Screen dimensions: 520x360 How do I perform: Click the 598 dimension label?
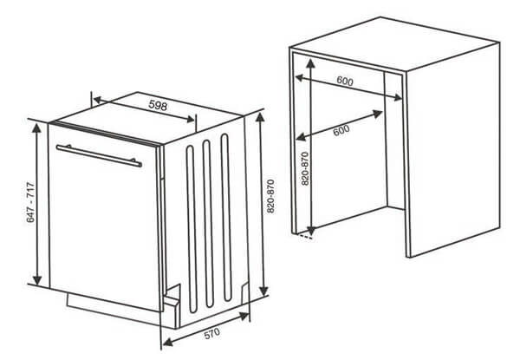[x=158, y=105]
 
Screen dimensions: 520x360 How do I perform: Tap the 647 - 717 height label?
[x=30, y=202]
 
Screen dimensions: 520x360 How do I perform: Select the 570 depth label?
[x=212, y=333]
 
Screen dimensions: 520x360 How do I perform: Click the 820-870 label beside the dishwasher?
[x=270, y=196]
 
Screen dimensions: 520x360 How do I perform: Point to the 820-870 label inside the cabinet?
[x=305, y=168]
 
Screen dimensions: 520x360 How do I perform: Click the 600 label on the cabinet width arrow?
[x=345, y=81]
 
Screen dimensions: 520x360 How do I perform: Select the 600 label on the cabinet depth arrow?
[x=341, y=130]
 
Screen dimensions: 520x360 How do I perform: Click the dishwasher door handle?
[x=99, y=155]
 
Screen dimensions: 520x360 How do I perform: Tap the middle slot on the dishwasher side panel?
[x=208, y=223]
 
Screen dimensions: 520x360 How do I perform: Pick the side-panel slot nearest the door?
[x=192, y=229]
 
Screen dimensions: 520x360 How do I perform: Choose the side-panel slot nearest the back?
[x=226, y=218]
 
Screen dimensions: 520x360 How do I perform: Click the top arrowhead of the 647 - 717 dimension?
[x=36, y=128]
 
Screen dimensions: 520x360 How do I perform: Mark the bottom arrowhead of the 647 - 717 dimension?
[x=37, y=279]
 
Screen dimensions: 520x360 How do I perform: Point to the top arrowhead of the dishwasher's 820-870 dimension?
[x=260, y=118]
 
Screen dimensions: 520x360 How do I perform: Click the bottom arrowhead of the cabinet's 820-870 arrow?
[x=311, y=230]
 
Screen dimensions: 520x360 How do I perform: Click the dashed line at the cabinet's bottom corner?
[x=305, y=236]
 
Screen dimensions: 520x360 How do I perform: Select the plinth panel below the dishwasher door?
[x=113, y=309]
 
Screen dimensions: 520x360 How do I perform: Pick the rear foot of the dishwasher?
[x=244, y=293]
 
